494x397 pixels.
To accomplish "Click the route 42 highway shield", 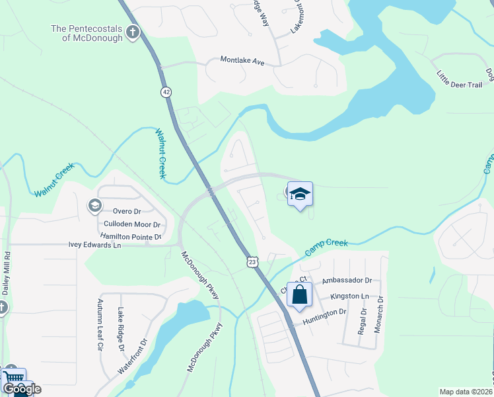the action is tap(165, 92).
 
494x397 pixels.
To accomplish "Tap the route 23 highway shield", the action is tap(252, 263).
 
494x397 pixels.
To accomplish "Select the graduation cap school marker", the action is tap(300, 194).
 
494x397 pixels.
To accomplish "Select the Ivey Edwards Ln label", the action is tap(95, 245).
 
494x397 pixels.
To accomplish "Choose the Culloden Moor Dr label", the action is tap(132, 224).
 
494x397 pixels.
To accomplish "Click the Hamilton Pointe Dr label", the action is tap(131, 236).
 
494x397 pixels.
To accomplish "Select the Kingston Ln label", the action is tap(351, 296).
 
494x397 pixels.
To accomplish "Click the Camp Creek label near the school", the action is tap(326, 248).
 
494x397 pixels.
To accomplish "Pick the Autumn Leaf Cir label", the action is tap(100, 325).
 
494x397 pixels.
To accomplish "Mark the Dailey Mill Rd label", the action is tap(7, 272).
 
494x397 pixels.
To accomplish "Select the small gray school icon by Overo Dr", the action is tap(94, 206).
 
